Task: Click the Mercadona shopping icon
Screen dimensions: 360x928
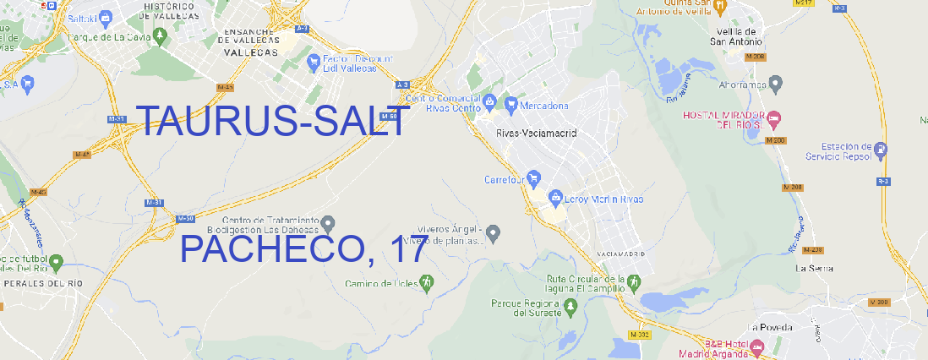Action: tap(511, 105)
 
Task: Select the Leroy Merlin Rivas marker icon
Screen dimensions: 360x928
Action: tap(555, 198)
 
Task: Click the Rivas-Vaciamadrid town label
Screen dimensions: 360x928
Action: tap(536, 134)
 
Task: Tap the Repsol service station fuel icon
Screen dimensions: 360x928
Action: tap(882, 150)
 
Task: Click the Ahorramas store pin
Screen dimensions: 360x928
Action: tap(777, 83)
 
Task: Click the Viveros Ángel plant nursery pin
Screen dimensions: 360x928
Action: tap(494, 232)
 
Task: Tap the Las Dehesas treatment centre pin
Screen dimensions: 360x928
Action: tap(329, 224)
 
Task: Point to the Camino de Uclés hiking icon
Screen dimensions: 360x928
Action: tap(427, 282)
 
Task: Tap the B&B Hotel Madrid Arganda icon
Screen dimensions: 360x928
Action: tap(757, 346)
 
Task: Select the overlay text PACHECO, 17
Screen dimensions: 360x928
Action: tap(304, 249)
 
